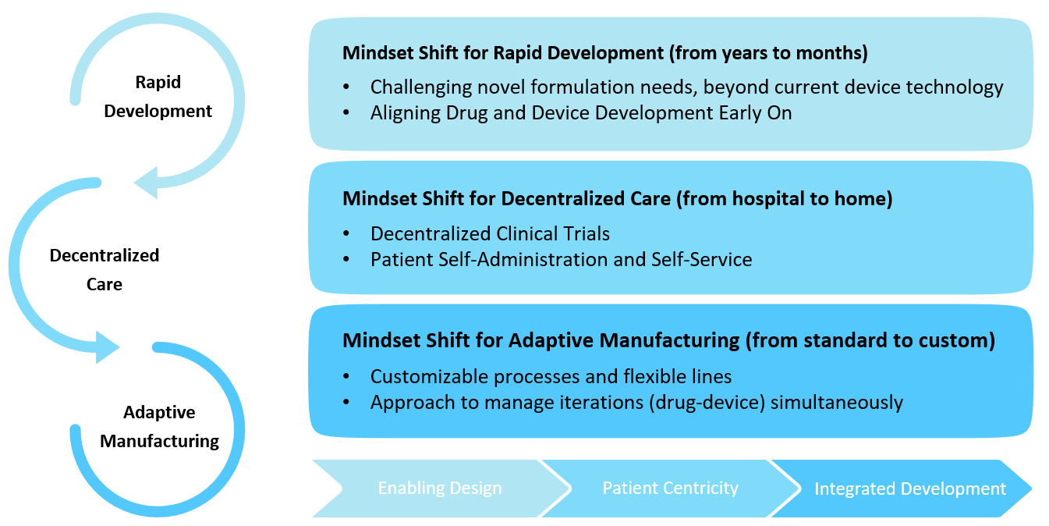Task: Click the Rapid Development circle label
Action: click(x=158, y=97)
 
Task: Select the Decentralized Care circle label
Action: click(x=105, y=269)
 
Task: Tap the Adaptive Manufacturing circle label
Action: click(x=159, y=427)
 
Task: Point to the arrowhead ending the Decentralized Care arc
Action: click(x=107, y=347)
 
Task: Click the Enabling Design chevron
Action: click(x=439, y=489)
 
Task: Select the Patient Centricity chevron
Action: click(x=670, y=489)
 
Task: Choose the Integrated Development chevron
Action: click(x=909, y=489)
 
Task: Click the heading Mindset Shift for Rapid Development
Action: click(x=502, y=53)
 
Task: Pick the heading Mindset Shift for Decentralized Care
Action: click(x=506, y=198)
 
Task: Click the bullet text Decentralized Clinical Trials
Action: click(x=490, y=233)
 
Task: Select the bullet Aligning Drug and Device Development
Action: click(x=581, y=113)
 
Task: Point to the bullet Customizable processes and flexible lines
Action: click(x=551, y=377)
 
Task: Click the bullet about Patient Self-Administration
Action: click(x=561, y=259)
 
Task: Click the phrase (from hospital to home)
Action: click(x=784, y=198)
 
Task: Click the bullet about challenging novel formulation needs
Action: click(x=686, y=87)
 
